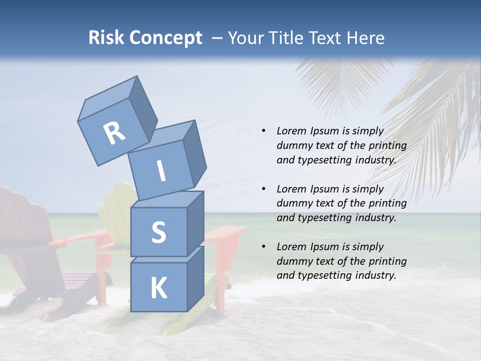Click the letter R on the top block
(x=114, y=133)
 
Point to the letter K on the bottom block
(x=158, y=288)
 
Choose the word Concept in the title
(x=166, y=38)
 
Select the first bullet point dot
(x=264, y=131)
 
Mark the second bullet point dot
(x=264, y=189)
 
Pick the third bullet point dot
(x=264, y=247)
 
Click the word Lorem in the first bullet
(x=291, y=131)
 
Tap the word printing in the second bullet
(x=387, y=203)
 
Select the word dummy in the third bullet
(x=293, y=261)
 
